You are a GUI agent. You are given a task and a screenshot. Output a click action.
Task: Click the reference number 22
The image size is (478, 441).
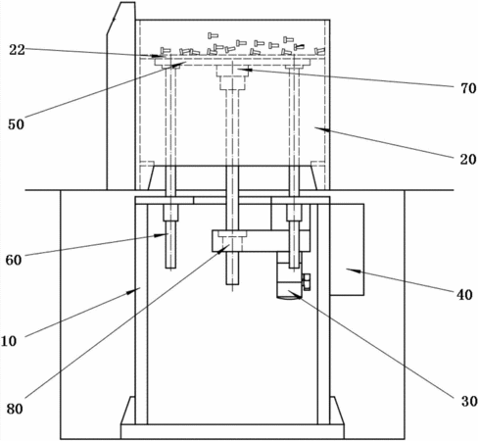click(17, 50)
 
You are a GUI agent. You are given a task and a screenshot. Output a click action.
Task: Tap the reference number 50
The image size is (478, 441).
click(16, 124)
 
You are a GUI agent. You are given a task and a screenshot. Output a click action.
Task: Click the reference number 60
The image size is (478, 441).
click(14, 260)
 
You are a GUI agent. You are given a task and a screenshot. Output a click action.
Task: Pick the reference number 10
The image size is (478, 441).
click(9, 341)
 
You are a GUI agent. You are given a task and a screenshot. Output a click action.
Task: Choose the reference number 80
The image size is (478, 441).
click(15, 409)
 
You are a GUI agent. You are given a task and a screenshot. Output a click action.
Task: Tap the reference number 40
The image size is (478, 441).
click(464, 295)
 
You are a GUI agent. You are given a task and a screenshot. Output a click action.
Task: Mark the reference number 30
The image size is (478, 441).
click(469, 401)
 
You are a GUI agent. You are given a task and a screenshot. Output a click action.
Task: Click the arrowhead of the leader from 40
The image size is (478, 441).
click(351, 270)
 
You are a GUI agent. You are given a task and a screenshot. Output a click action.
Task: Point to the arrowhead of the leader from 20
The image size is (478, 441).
click(319, 129)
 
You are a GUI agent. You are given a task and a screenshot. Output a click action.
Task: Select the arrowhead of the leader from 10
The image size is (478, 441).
click(135, 290)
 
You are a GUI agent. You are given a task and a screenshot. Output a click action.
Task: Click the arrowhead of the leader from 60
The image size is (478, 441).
click(164, 234)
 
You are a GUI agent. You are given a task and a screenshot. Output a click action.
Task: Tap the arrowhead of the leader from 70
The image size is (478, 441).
click(242, 69)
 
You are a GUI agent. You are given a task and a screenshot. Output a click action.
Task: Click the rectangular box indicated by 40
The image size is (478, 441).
click(347, 250)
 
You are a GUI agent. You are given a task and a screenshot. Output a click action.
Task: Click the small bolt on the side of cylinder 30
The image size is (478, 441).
click(307, 282)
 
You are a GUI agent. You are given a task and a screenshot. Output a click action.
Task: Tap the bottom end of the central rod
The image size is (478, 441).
click(232, 284)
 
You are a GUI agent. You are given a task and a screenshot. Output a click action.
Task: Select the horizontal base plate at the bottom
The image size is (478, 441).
click(232, 431)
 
